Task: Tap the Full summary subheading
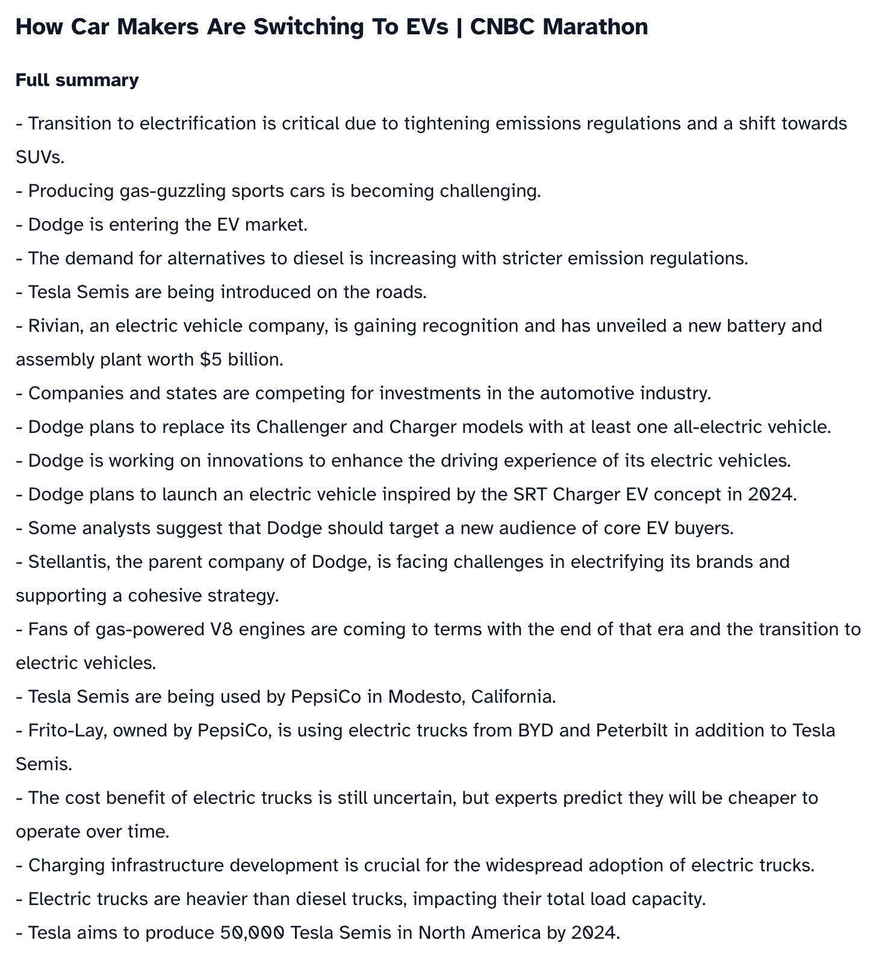pyautogui.click(x=77, y=80)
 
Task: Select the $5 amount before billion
pyautogui.click(x=211, y=359)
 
